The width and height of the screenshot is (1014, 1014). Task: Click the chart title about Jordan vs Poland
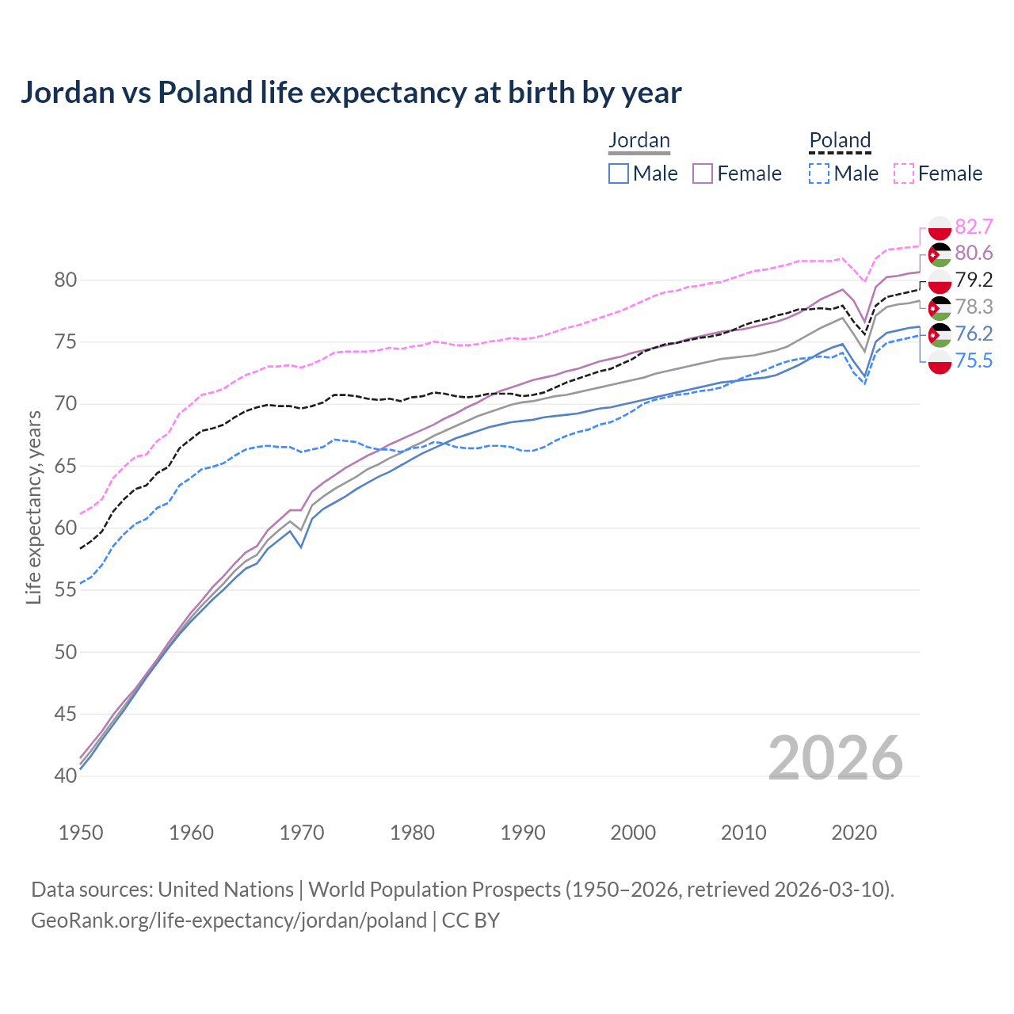click(350, 93)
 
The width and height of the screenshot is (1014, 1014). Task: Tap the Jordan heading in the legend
click(639, 140)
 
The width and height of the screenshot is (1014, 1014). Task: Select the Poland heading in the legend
click(840, 140)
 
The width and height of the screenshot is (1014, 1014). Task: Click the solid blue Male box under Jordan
click(619, 173)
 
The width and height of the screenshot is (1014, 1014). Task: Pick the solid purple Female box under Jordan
click(703, 173)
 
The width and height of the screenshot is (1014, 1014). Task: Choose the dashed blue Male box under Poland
click(819, 173)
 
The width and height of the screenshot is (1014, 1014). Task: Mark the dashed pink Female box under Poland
click(904, 173)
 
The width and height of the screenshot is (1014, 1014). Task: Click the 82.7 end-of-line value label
click(974, 227)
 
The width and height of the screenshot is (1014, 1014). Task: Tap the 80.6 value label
click(974, 253)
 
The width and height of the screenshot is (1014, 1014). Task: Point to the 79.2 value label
click(974, 280)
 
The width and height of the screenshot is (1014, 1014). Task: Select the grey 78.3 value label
click(974, 307)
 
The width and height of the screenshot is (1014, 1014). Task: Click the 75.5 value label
click(974, 361)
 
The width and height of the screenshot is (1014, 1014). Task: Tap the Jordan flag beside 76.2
click(940, 334)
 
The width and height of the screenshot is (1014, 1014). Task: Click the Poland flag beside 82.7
click(940, 227)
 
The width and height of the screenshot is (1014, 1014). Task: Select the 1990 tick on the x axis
click(523, 833)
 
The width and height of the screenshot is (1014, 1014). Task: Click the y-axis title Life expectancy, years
click(33, 507)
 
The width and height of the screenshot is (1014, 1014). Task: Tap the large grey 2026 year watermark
click(836, 758)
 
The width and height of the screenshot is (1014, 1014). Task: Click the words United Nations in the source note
click(226, 890)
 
